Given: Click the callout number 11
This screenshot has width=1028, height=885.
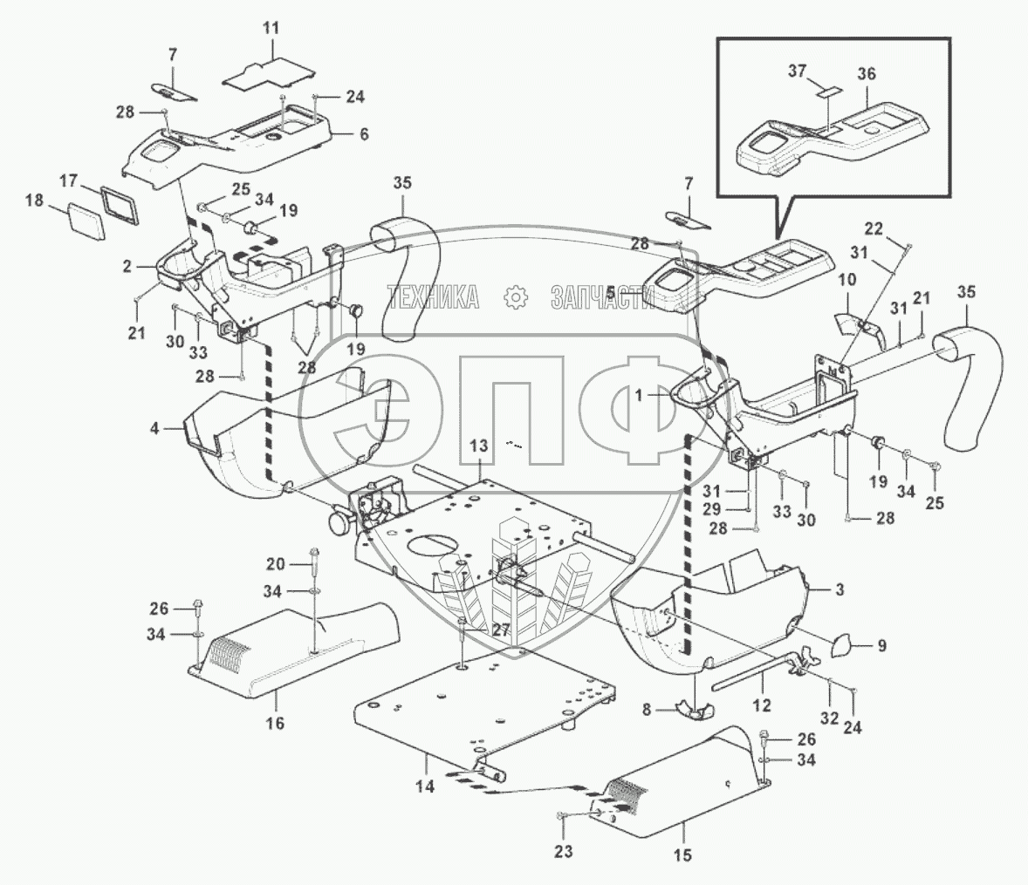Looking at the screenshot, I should (x=271, y=28).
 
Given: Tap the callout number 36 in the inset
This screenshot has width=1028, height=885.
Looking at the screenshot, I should (x=866, y=75).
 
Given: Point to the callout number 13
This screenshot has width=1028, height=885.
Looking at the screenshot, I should (x=478, y=446).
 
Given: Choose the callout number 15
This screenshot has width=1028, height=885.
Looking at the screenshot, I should (x=682, y=855).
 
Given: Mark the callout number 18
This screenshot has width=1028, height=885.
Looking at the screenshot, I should (x=34, y=201).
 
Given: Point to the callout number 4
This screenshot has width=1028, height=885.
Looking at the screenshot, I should (x=154, y=428).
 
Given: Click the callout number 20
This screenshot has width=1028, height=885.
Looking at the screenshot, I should (x=276, y=562).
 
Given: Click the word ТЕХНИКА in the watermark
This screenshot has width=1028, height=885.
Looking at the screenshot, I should (x=434, y=297).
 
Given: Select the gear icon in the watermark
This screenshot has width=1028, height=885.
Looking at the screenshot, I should (x=517, y=297).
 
